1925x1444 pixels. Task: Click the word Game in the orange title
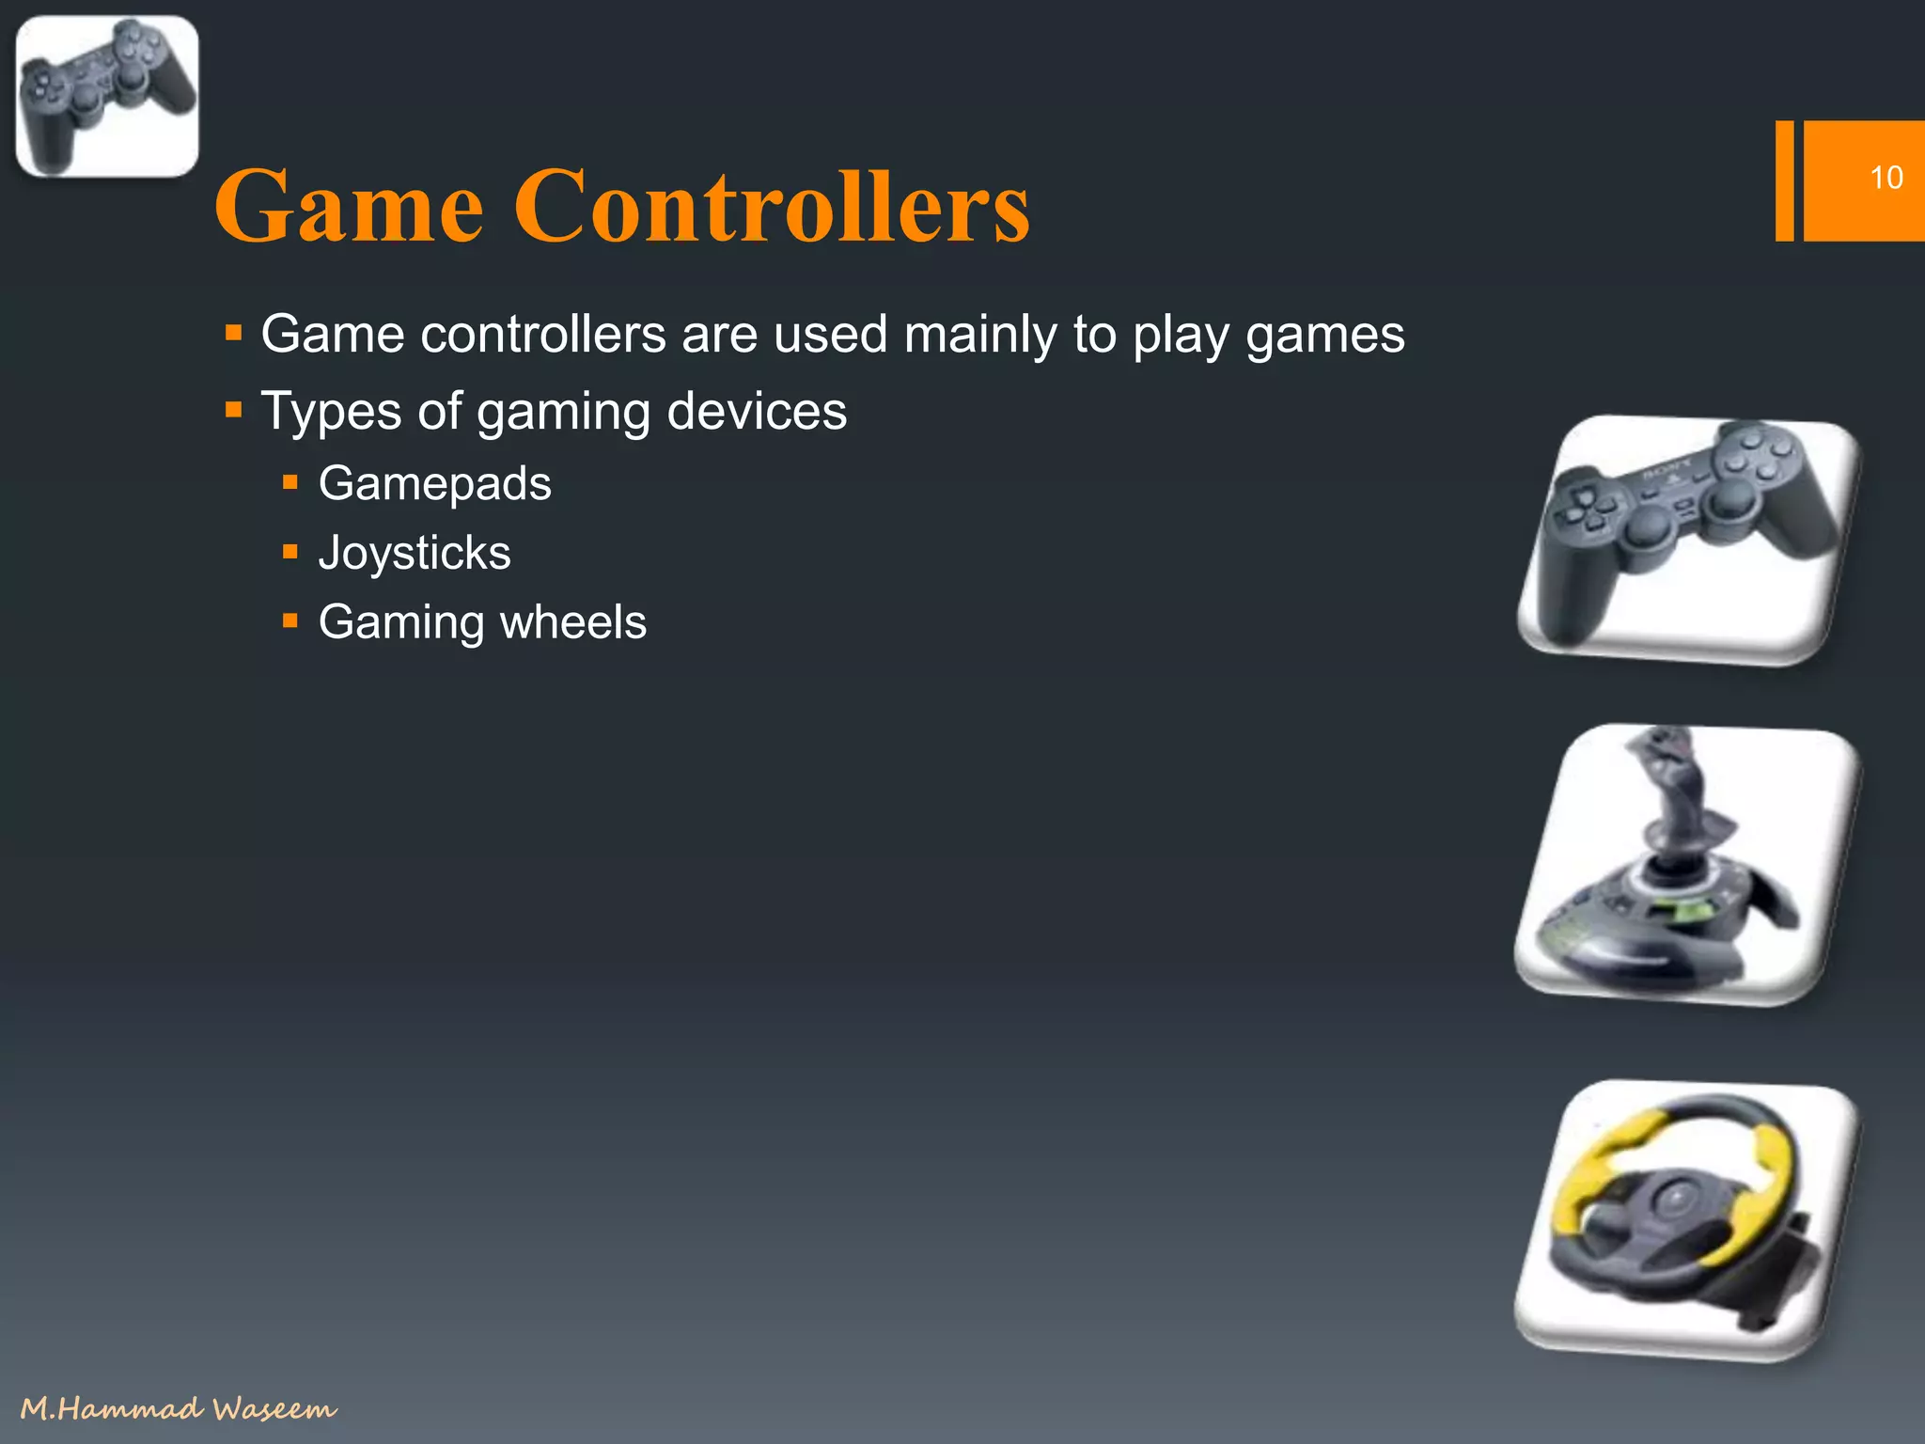pos(349,206)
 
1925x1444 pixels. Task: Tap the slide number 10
pos(1886,178)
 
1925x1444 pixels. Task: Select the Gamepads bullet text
pos(434,484)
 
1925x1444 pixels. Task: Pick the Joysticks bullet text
pos(415,553)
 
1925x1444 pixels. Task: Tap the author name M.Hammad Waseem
pos(179,1408)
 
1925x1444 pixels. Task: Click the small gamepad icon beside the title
pos(107,96)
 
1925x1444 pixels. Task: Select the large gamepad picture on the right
pos(1688,540)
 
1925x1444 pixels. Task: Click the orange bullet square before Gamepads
pos(290,483)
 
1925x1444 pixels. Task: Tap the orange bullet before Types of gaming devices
pos(234,410)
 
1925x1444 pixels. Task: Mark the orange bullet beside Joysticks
pos(290,552)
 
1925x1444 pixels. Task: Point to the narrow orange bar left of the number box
pos(1784,180)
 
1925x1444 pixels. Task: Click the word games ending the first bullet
pos(1324,335)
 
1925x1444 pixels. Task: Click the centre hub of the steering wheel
pos(1675,1200)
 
